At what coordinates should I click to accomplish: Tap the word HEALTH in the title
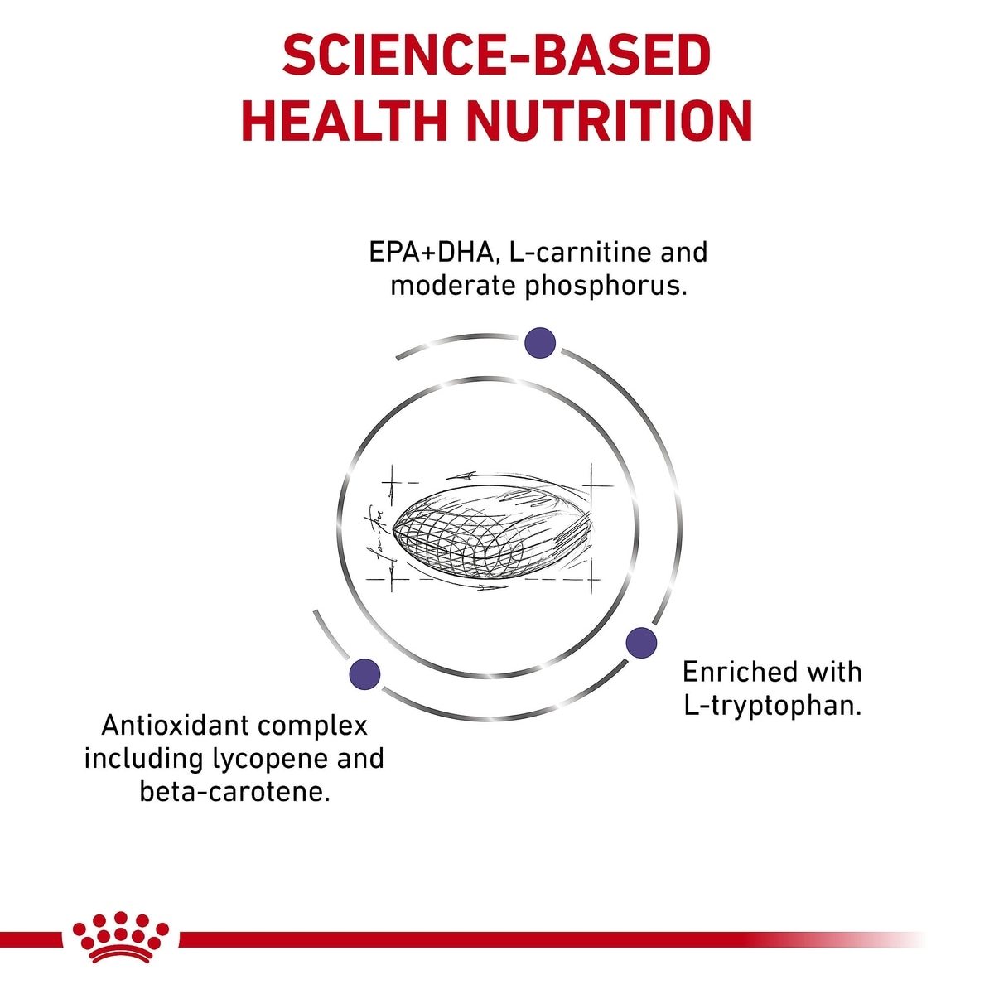344,123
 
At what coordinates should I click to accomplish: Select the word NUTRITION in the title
609,123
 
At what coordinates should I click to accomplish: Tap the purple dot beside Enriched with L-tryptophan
641,643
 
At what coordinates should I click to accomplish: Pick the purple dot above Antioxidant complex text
364,673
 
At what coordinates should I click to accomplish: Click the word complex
312,726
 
